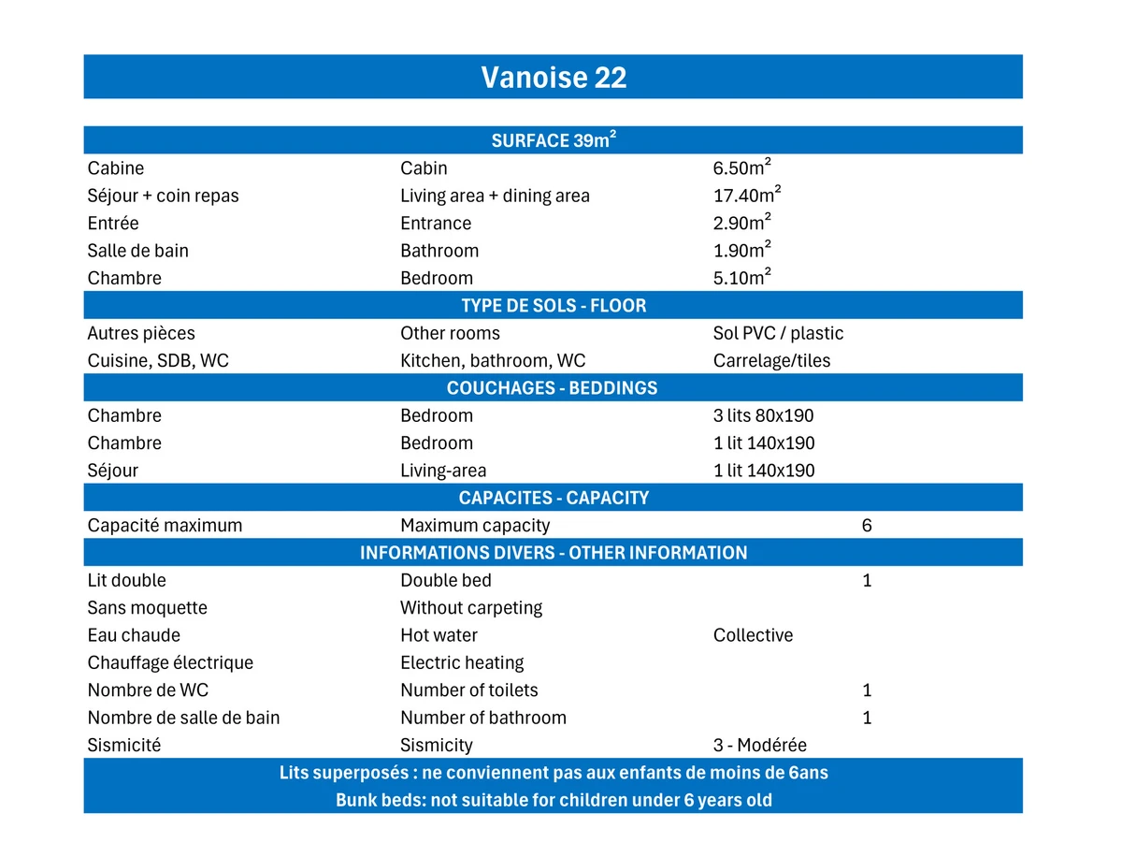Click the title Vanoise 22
coord(554,77)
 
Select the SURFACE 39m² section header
coord(554,140)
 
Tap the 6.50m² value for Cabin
coord(741,168)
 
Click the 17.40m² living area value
coord(746,196)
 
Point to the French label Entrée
coord(113,224)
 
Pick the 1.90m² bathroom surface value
coord(741,251)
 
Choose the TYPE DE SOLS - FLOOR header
coord(554,306)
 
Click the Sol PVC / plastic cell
coord(778,334)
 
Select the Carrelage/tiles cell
coord(771,361)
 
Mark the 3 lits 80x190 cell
coord(763,416)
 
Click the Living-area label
coord(443,471)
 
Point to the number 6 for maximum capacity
coord(867,526)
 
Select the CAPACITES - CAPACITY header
coord(554,498)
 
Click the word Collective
coord(753,635)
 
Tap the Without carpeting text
coord(471,608)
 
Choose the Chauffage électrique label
coord(170,663)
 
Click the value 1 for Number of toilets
coord(867,690)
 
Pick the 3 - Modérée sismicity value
coord(759,746)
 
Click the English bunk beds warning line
coord(554,801)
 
